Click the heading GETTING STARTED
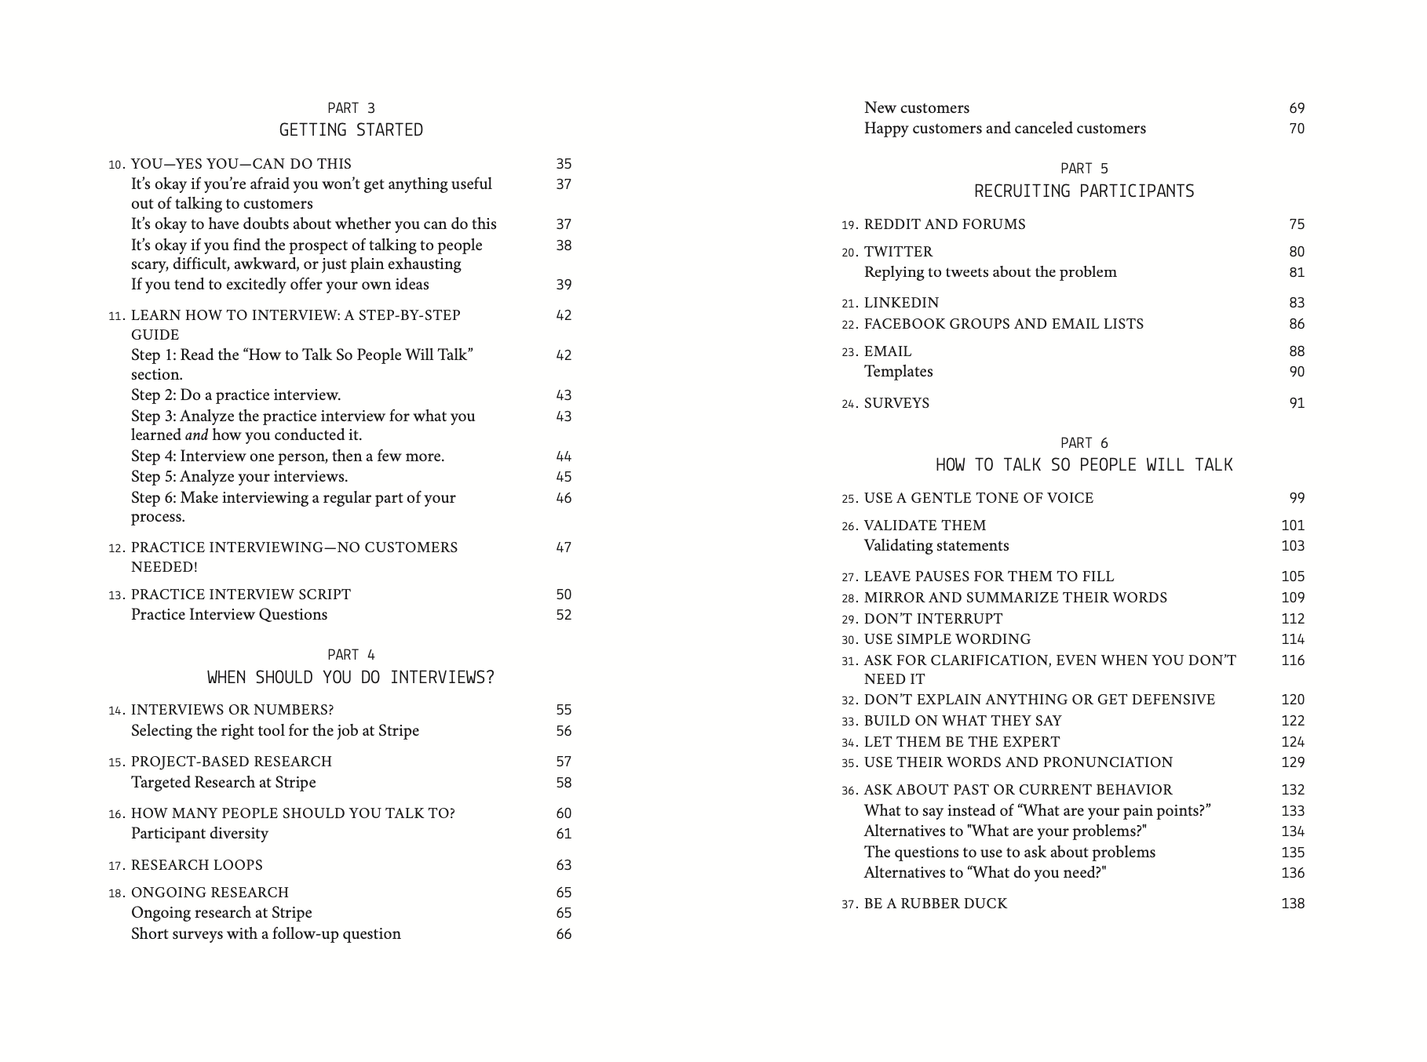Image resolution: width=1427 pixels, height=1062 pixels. coord(351,130)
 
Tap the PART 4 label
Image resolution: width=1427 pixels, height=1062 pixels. coord(351,655)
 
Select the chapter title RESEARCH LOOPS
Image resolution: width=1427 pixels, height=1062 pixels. coord(197,865)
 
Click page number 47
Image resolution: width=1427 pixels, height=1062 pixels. coord(564,547)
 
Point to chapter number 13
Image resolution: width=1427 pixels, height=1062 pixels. coord(117,595)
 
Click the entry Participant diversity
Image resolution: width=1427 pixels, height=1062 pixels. coord(199,834)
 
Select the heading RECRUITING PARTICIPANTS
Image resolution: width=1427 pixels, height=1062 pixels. coord(1084,191)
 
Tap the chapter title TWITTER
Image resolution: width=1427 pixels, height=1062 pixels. coord(899,252)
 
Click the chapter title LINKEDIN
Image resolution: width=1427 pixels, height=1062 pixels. coord(902,303)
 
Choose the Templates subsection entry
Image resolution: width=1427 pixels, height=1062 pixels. coord(899,372)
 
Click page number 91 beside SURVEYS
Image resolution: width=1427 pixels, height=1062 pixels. coord(1297,403)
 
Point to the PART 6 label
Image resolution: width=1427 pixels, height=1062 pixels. coord(1084,443)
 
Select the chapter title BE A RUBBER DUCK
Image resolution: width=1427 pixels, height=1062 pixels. coord(936,904)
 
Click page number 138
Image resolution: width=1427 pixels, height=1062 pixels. coord(1293,904)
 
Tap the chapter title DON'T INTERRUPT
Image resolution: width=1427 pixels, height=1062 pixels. coord(933,619)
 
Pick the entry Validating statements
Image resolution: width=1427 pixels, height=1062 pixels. coord(936,546)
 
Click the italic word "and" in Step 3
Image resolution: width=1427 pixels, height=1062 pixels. coord(196,435)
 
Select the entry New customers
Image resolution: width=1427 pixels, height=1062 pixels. coord(917,108)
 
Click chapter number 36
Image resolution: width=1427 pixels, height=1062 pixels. coord(850,791)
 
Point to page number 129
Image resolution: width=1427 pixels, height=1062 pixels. coord(1293,762)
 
